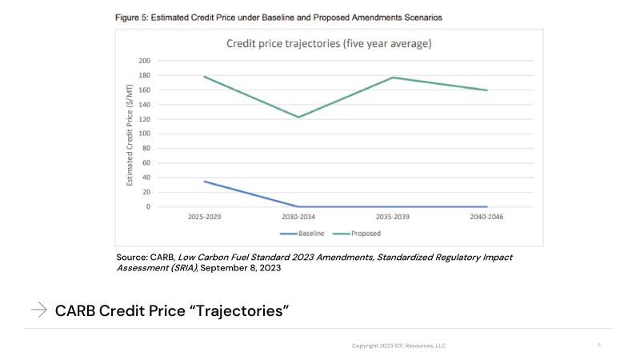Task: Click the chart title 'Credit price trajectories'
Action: pos(329,44)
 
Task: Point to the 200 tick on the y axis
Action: pos(144,61)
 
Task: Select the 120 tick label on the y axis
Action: pos(144,119)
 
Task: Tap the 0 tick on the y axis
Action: pos(147,207)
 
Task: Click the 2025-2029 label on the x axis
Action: pos(205,217)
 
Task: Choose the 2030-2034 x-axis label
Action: pos(298,217)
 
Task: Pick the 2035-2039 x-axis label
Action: pos(393,217)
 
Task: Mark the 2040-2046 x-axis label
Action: pos(486,217)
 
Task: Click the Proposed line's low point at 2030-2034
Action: pos(298,117)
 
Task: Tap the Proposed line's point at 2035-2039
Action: pos(393,78)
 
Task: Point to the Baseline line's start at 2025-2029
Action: pos(205,181)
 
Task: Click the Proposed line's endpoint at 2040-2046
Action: pos(486,90)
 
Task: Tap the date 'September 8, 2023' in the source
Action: pos(240,268)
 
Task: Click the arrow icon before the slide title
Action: pos(38,310)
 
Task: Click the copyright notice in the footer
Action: pos(398,346)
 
